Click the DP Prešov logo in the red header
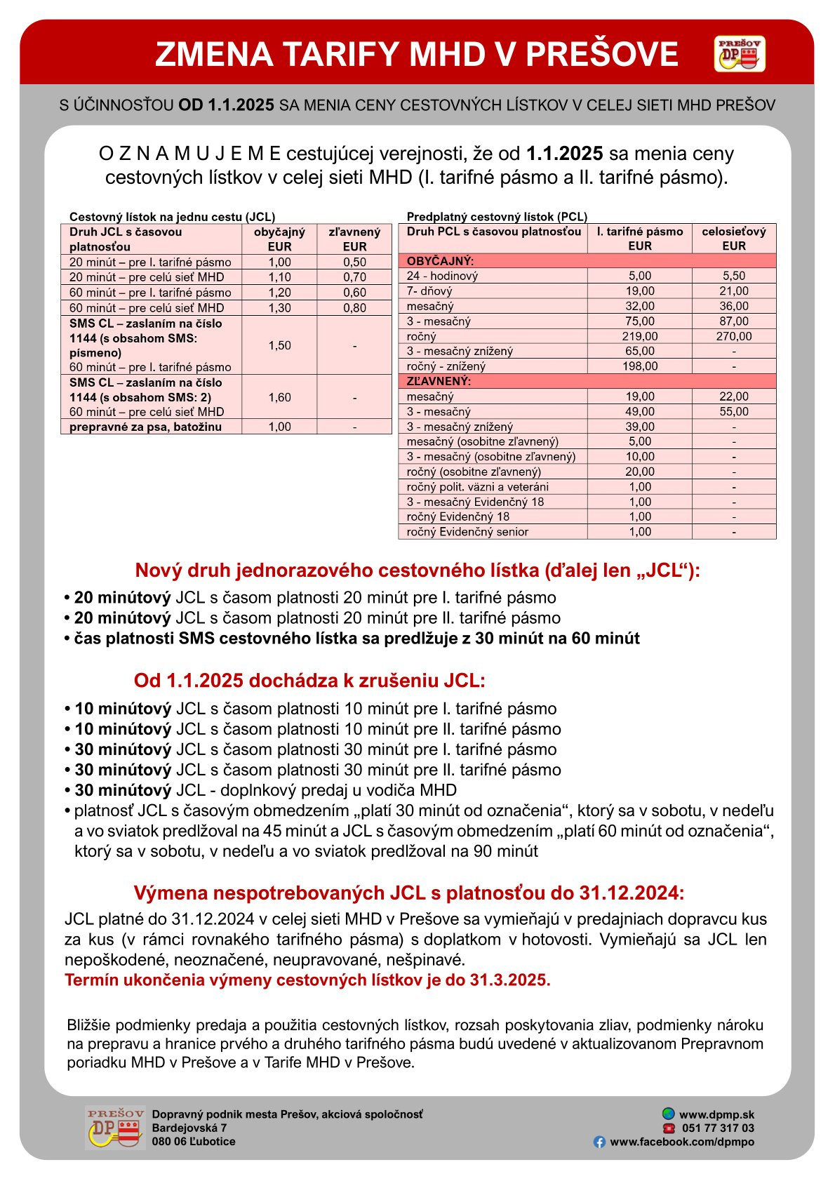click(740, 54)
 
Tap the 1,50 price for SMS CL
click(279, 345)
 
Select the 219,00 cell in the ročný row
click(639, 336)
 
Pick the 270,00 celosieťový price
click(733, 336)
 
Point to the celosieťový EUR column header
click(733, 239)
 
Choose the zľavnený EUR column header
click(354, 239)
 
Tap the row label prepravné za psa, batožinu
click(145, 427)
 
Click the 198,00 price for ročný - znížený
click(639, 366)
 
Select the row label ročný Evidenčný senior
click(467, 532)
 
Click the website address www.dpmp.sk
click(716, 1114)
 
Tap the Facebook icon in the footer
click(599, 1142)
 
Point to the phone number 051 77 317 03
click(718, 1128)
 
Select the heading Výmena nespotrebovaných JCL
click(408, 893)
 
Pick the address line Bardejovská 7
click(189, 1128)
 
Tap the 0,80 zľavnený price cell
click(354, 307)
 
